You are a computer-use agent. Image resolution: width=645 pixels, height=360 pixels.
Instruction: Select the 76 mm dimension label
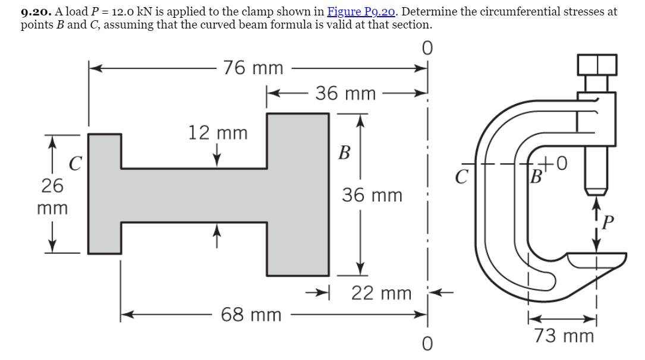tap(253, 68)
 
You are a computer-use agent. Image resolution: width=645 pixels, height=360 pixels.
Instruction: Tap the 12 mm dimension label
tap(218, 132)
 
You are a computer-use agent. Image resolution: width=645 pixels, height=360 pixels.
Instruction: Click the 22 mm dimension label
tap(381, 293)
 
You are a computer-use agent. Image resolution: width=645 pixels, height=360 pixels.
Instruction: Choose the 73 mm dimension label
tap(564, 336)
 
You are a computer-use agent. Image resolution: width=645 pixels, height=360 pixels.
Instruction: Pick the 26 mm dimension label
tap(52, 197)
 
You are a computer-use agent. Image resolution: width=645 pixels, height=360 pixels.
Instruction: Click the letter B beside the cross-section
tap(344, 153)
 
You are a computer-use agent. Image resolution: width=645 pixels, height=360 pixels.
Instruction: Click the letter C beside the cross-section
tap(75, 162)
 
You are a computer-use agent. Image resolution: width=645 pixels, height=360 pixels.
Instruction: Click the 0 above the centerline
tap(426, 47)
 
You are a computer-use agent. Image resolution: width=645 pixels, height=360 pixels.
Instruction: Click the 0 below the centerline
tap(426, 343)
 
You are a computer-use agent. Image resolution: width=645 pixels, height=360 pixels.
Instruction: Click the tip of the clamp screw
tap(596, 191)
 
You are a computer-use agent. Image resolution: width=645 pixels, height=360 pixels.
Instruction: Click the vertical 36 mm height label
tap(372, 195)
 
